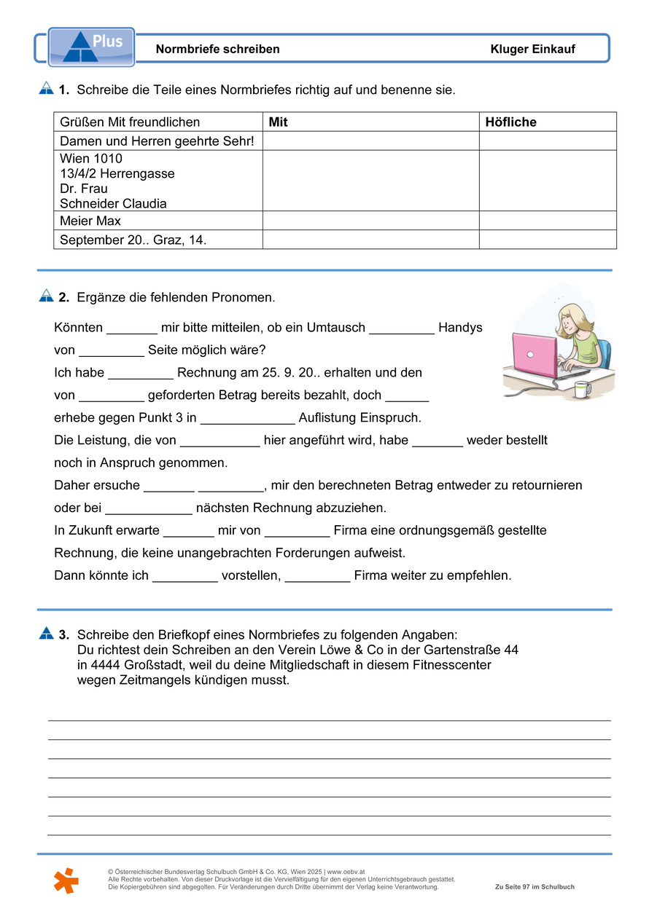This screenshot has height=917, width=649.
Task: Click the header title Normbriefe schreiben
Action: [x=217, y=50]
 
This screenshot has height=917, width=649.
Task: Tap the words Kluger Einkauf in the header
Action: [x=532, y=50]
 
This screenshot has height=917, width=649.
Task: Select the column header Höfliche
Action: [x=510, y=122]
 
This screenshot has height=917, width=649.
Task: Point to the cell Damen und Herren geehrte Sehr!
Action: [x=157, y=141]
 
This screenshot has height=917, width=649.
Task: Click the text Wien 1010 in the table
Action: [x=91, y=159]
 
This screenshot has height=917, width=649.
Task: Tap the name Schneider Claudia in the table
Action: [x=113, y=204]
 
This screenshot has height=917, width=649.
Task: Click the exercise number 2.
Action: [x=64, y=297]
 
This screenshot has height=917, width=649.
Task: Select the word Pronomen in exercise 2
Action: [x=244, y=297]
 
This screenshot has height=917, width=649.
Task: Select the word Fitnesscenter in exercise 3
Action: [x=451, y=665]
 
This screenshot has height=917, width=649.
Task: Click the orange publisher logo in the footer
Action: [x=66, y=880]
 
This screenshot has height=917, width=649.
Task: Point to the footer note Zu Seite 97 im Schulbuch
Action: [x=535, y=887]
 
